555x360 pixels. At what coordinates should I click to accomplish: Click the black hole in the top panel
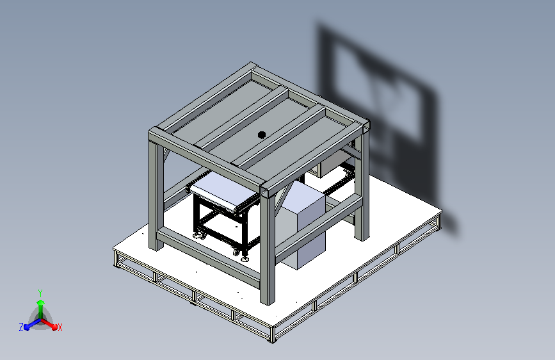(261, 135)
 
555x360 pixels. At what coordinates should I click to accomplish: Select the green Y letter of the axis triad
(40, 293)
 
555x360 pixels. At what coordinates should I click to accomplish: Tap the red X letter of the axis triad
(60, 327)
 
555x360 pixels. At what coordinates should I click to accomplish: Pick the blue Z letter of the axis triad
(21, 327)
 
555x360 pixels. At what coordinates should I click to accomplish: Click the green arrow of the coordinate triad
(40, 305)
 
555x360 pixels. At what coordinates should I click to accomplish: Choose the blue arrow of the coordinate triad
(29, 324)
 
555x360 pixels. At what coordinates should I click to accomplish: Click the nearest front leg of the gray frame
(268, 250)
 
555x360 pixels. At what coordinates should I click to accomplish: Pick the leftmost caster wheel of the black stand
(196, 236)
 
